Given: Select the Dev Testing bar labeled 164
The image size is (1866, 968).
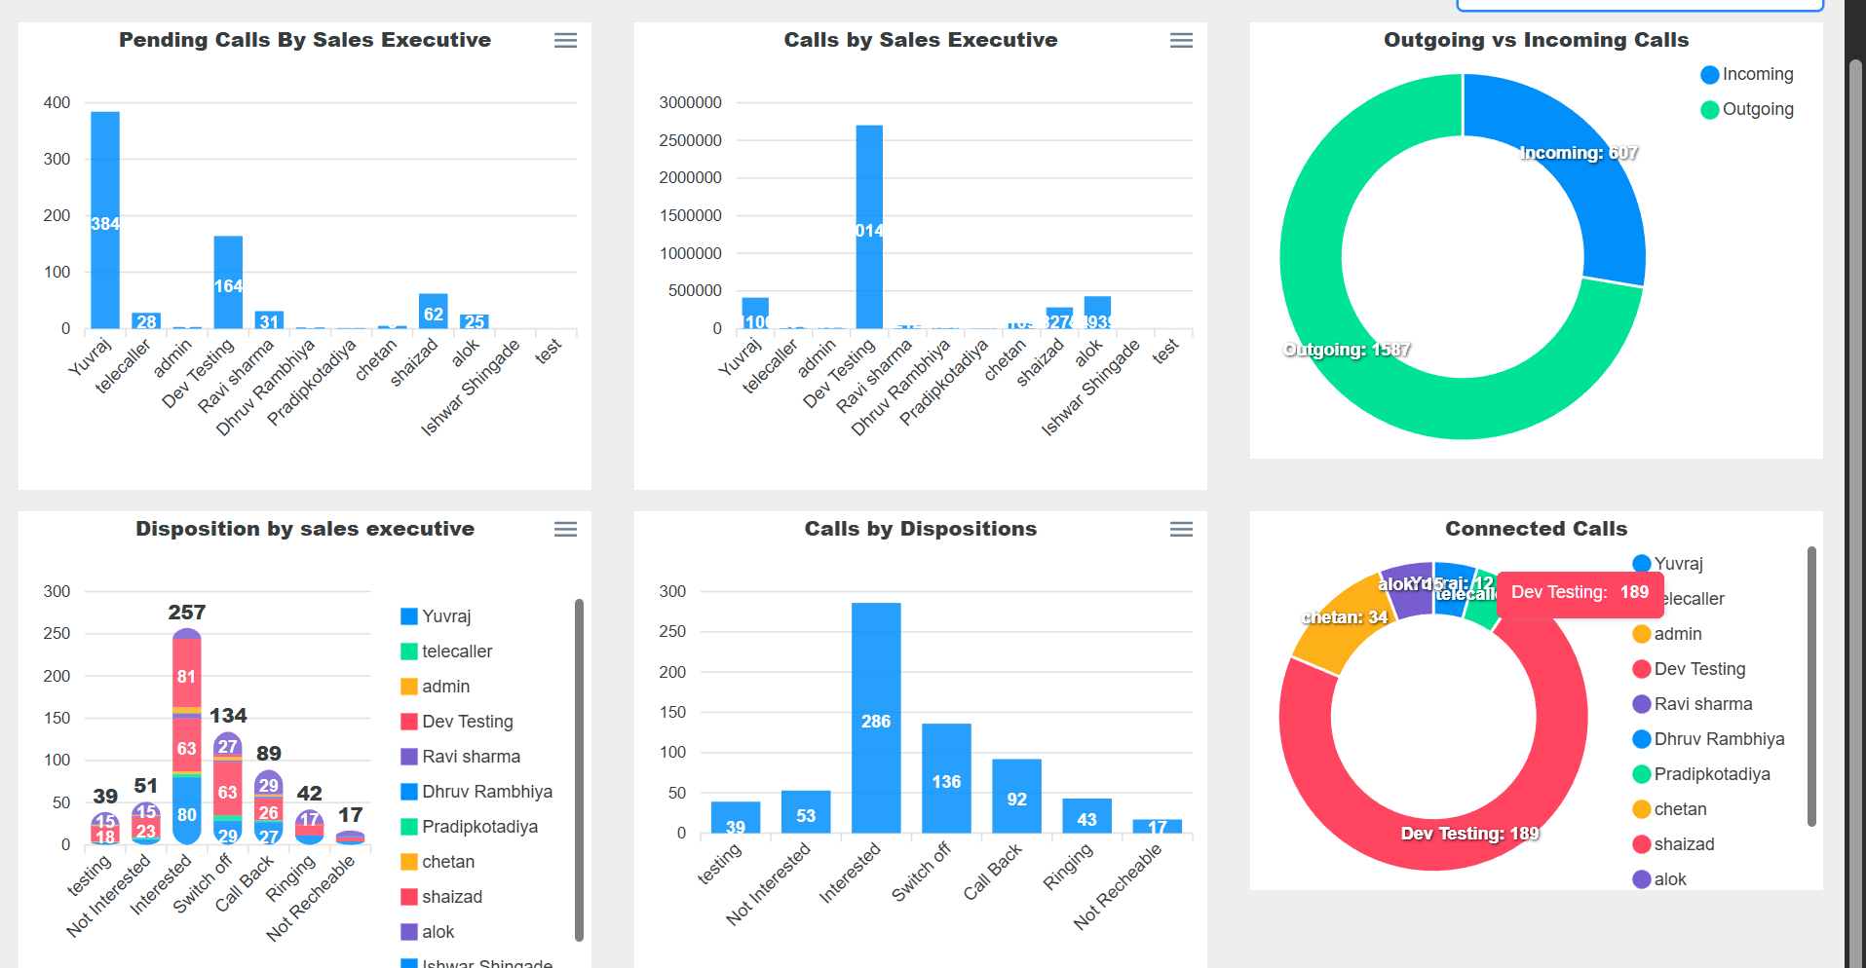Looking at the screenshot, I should [x=228, y=282].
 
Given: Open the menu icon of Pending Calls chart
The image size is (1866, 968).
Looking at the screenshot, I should [x=565, y=40].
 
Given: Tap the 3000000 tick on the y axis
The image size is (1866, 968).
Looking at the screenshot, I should [x=690, y=102].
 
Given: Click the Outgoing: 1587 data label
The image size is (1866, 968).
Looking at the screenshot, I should [x=1347, y=350].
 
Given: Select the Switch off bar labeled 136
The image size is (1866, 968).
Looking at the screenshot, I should [x=946, y=779].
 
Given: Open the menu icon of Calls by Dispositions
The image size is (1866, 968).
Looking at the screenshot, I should [x=1181, y=529].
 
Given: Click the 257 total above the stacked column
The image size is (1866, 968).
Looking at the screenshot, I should [x=187, y=613].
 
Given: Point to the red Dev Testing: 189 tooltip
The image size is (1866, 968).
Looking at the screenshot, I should [x=1579, y=592].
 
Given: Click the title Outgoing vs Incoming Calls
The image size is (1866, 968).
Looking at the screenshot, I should [x=1536, y=40].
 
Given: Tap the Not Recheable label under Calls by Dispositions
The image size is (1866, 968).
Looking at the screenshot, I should [x=1119, y=886].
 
